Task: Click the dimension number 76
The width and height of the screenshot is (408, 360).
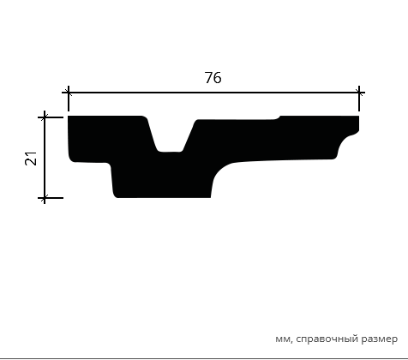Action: (x=213, y=78)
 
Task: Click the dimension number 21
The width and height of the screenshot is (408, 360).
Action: (x=31, y=159)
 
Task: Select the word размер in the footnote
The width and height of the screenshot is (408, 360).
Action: (x=379, y=339)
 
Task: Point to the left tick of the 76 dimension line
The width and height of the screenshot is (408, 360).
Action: (x=69, y=93)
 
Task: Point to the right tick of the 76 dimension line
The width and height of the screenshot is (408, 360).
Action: (x=359, y=93)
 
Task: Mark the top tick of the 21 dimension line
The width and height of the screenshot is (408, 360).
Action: (x=45, y=117)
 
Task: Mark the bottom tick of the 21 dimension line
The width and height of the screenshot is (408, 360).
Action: (x=45, y=197)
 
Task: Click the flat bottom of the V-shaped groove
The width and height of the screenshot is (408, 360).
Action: (x=171, y=152)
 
